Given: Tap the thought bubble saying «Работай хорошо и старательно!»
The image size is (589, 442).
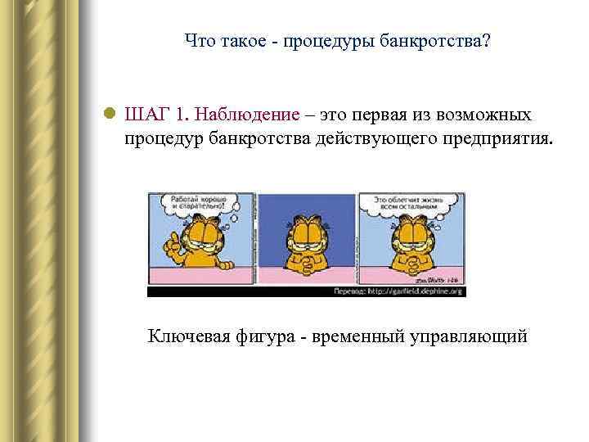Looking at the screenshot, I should pyautogui.click(x=199, y=204).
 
